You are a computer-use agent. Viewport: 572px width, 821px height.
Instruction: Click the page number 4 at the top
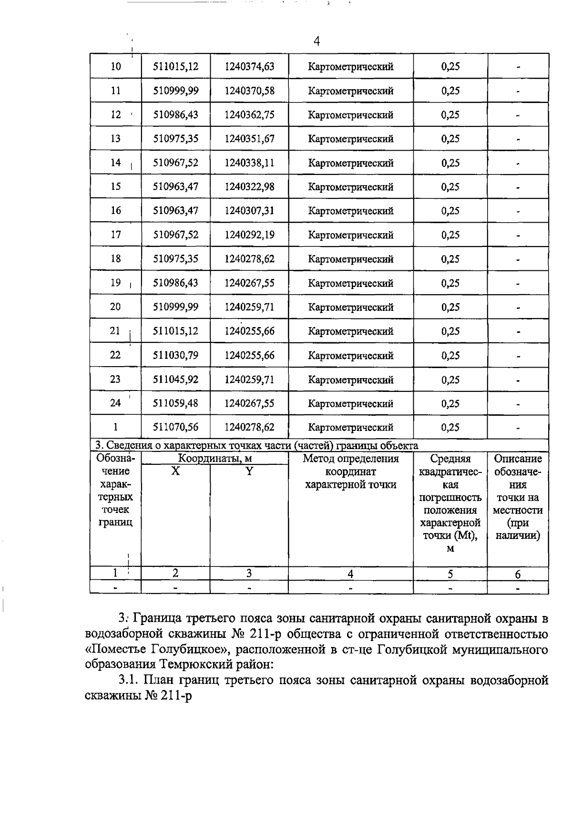317,41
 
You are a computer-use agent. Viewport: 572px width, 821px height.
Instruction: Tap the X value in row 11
175,91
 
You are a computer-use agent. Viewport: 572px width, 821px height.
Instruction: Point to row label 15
116,187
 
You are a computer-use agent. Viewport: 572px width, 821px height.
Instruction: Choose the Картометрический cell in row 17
351,235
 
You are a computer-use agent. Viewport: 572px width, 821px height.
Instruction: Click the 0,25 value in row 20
450,307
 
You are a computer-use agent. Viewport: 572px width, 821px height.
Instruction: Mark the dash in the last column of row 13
518,139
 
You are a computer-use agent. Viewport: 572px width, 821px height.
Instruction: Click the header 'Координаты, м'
214,459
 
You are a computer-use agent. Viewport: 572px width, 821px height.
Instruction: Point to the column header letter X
176,471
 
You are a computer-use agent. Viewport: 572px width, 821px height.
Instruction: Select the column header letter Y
249,471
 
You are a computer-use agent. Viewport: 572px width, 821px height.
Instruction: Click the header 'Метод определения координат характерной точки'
351,472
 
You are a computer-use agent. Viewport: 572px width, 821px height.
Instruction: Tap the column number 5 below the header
450,574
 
